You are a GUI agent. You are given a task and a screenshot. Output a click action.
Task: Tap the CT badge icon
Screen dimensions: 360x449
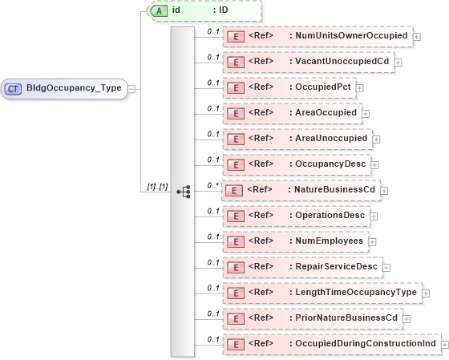[14, 88]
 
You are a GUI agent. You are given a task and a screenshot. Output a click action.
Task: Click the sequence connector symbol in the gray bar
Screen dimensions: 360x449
[184, 192]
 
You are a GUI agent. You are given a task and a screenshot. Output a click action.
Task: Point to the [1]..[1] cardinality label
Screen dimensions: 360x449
[156, 187]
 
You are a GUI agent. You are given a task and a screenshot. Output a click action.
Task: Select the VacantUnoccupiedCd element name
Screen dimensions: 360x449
[342, 62]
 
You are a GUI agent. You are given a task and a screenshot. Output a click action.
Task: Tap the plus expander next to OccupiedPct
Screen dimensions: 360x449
[359, 88]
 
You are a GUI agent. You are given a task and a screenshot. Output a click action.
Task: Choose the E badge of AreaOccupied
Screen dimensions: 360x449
[236, 113]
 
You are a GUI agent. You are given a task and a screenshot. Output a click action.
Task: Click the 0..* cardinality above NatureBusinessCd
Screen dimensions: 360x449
[212, 184]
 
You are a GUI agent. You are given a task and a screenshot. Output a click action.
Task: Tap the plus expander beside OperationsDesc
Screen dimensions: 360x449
[374, 216]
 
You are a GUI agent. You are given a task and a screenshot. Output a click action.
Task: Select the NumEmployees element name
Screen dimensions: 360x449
[330, 241]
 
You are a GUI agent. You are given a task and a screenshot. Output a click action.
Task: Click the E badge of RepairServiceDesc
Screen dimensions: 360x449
[236, 267]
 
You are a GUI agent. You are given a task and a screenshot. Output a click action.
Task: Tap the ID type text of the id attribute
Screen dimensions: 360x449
[223, 10]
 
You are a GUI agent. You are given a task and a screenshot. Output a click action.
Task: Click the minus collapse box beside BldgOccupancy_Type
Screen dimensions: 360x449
[131, 89]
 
